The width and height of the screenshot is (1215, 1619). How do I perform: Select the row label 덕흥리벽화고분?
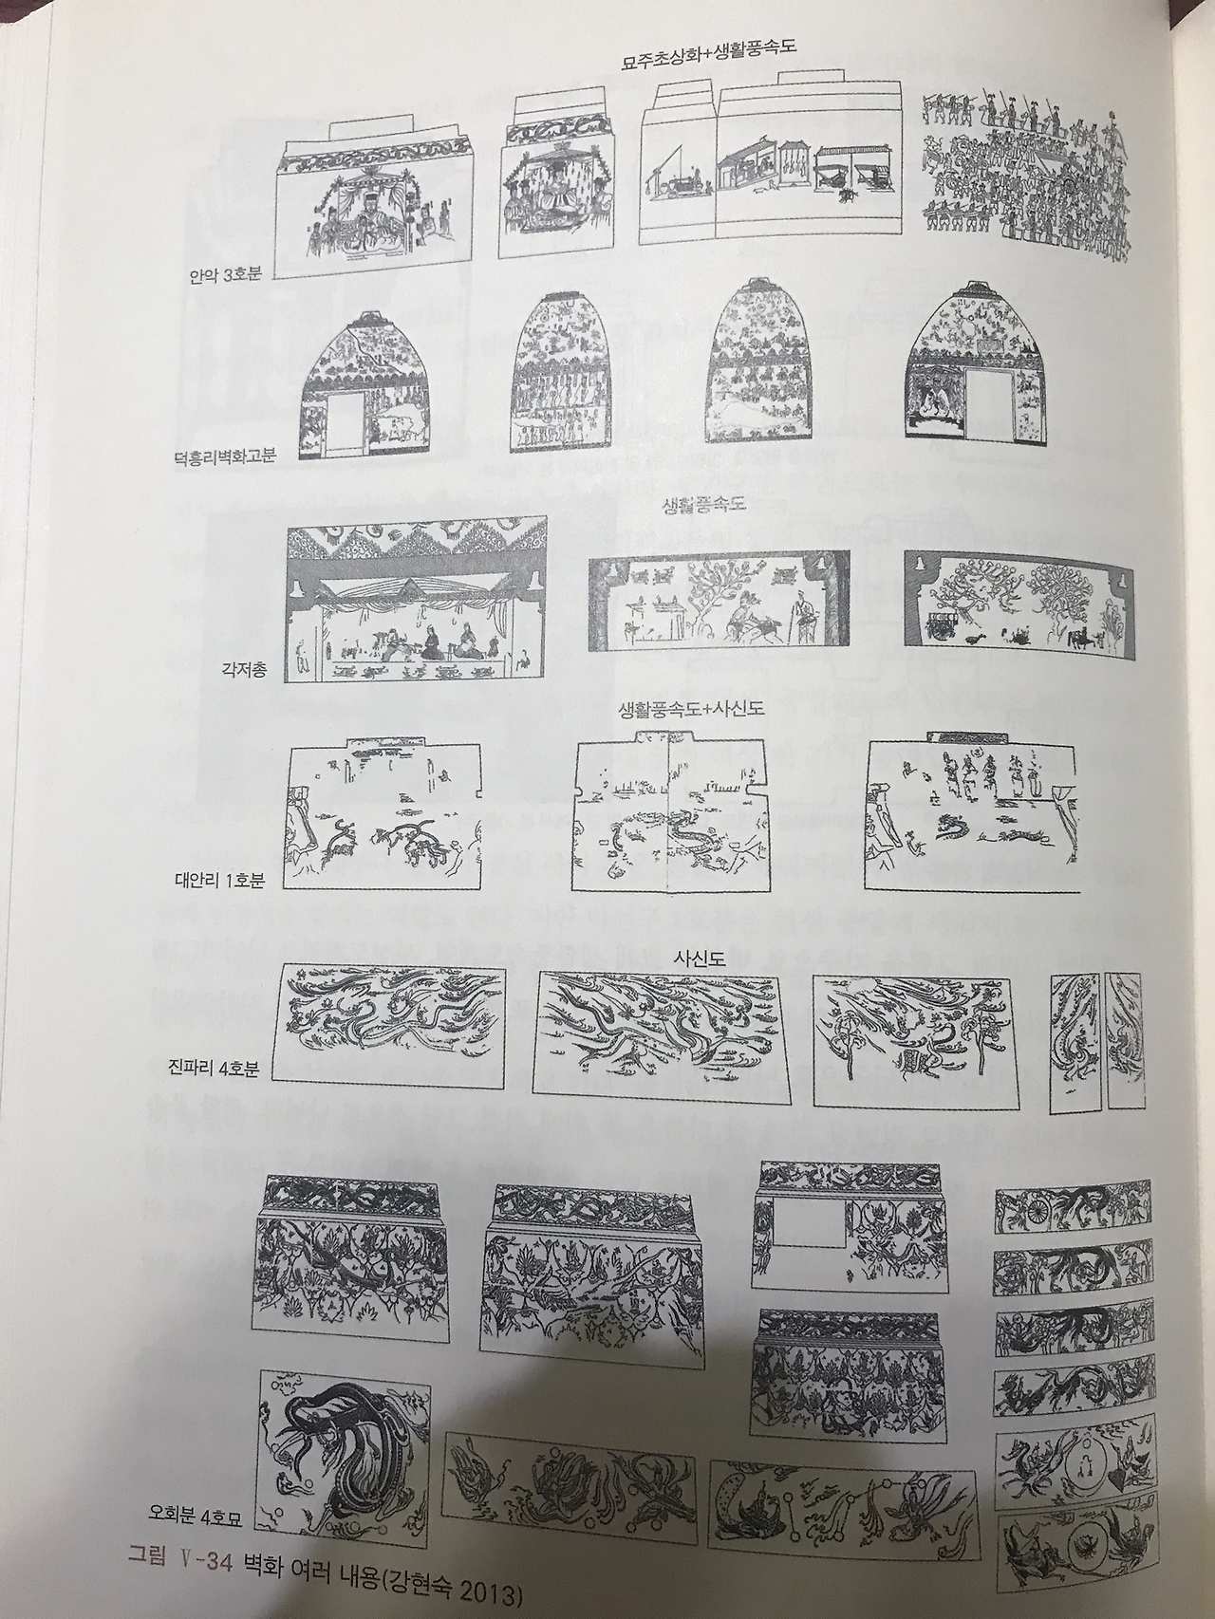tap(225, 456)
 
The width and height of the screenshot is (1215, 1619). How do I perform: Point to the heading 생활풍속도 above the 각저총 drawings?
tap(703, 506)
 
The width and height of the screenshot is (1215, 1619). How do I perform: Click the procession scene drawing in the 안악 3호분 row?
tap(1026, 177)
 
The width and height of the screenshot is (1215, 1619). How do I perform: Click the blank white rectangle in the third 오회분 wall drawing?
tap(810, 1221)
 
